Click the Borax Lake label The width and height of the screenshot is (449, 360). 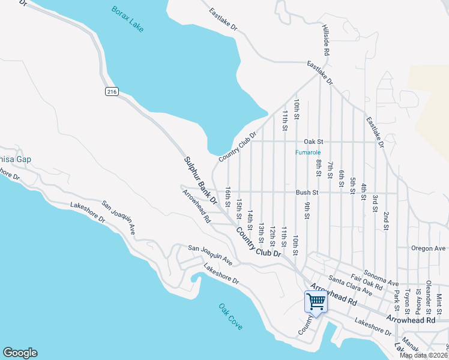click(x=127, y=19)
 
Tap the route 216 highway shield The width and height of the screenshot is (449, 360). click(x=111, y=91)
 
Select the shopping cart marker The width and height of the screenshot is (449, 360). click(x=316, y=302)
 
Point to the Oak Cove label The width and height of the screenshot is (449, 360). click(x=231, y=317)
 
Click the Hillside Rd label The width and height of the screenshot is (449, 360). click(x=326, y=41)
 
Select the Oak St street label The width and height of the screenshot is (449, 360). click(x=313, y=142)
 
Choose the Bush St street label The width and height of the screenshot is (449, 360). click(x=306, y=193)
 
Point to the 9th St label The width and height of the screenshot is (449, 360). click(x=307, y=211)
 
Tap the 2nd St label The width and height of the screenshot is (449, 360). click(x=386, y=220)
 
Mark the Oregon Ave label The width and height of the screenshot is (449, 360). click(x=428, y=248)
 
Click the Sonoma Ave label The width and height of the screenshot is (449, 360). click(x=381, y=278)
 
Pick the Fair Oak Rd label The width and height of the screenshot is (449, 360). click(x=367, y=283)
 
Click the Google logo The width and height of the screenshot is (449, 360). click(x=20, y=353)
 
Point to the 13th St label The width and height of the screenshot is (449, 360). click(x=261, y=233)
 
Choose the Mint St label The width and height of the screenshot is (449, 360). click(x=439, y=301)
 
